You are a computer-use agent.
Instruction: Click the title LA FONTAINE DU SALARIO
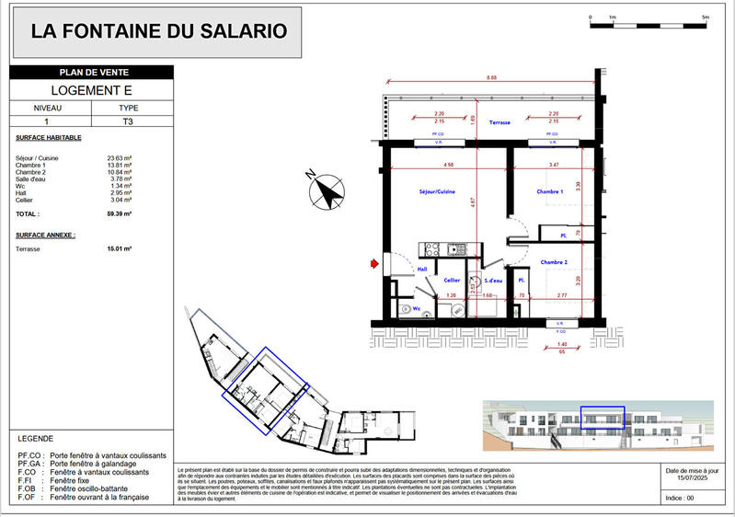coord(159,31)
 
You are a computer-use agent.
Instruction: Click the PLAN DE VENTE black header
coord(90,73)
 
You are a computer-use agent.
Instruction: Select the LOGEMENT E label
coord(90,90)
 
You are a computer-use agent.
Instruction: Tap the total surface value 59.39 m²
coord(119,213)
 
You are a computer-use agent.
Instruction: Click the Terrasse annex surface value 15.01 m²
coord(119,248)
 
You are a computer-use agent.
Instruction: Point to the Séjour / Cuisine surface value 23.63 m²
coord(119,158)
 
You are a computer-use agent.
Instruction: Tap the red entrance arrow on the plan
coord(374,265)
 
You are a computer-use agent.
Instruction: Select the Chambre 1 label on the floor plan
coord(551,191)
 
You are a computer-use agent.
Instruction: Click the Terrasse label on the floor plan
coord(500,121)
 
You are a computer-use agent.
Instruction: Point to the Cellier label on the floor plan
coord(452,280)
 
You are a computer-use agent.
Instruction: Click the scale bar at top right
coord(648,23)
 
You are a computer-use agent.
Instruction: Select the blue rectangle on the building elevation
coord(602,418)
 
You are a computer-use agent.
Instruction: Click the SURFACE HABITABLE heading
coord(49,138)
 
